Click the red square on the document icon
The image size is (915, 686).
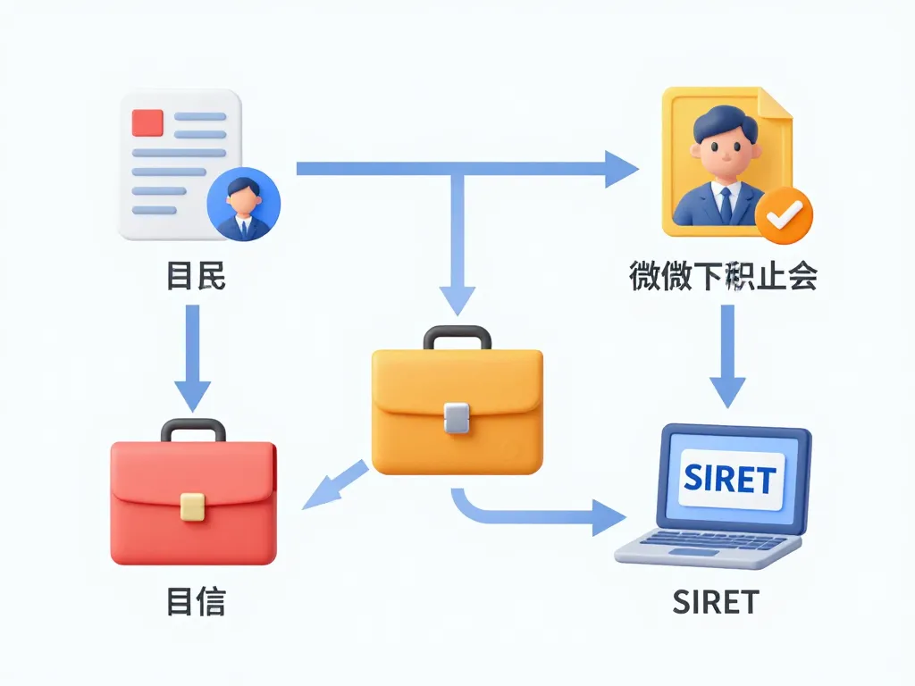pos(147,122)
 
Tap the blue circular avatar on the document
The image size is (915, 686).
pos(243,203)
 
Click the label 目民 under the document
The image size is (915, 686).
pos(197,277)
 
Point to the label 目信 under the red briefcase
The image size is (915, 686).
pos(197,601)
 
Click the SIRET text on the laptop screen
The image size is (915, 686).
pos(729,480)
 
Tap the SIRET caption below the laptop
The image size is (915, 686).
pos(716,602)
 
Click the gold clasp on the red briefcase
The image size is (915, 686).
pos(192,506)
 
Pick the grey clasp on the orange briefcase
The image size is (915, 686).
pos(456,418)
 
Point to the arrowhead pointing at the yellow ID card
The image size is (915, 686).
pos(622,169)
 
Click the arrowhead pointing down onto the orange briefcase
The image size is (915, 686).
pos(457,299)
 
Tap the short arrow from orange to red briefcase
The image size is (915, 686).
pos(334,487)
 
